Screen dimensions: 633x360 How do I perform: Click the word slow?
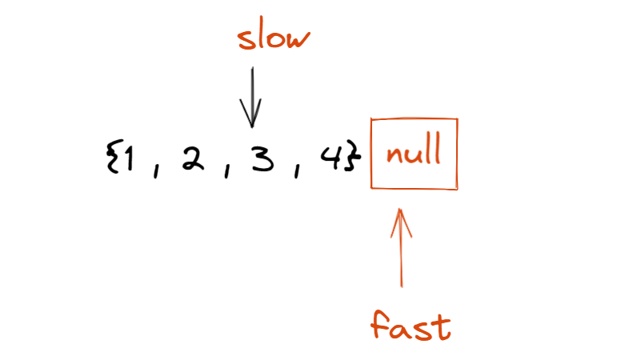pyautogui.click(x=274, y=38)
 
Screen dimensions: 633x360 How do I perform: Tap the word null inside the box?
pyautogui.click(x=414, y=153)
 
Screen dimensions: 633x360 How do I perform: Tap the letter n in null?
pyautogui.click(x=392, y=154)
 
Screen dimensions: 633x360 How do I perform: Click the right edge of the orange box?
pyautogui.click(x=458, y=154)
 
